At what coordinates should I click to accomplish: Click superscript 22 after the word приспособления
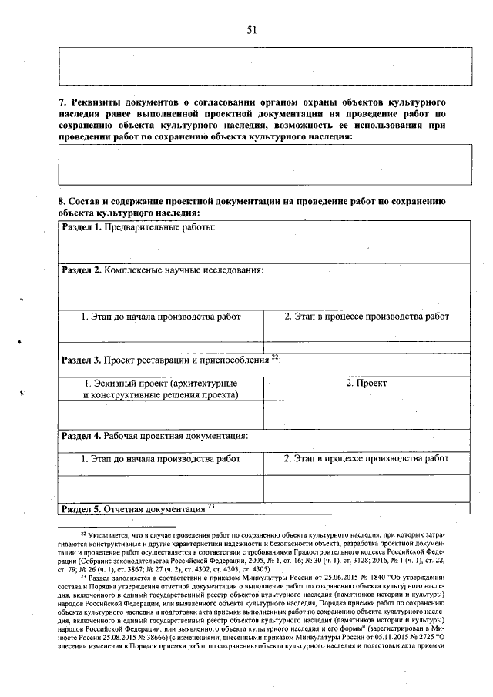click(275, 357)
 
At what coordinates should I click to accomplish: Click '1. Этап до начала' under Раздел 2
click(161, 317)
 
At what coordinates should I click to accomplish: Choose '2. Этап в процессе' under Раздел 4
click(366, 458)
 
